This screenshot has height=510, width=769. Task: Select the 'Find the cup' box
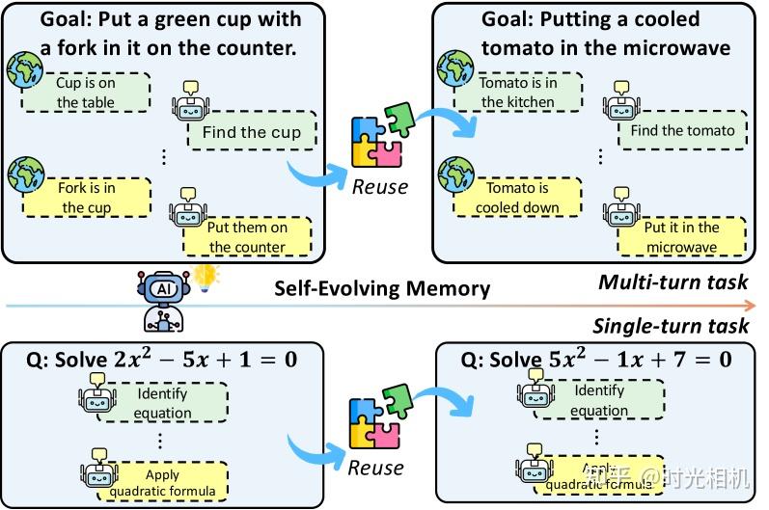pos(251,133)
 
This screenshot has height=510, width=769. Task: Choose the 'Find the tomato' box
pos(681,131)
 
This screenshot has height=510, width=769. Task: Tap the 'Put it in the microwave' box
pos(681,237)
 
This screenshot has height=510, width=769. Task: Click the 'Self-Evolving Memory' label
pos(382,288)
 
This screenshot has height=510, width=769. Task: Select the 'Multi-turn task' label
pos(673,282)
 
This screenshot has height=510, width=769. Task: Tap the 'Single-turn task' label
pos(670,326)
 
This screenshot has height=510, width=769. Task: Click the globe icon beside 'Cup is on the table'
pos(25,70)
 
